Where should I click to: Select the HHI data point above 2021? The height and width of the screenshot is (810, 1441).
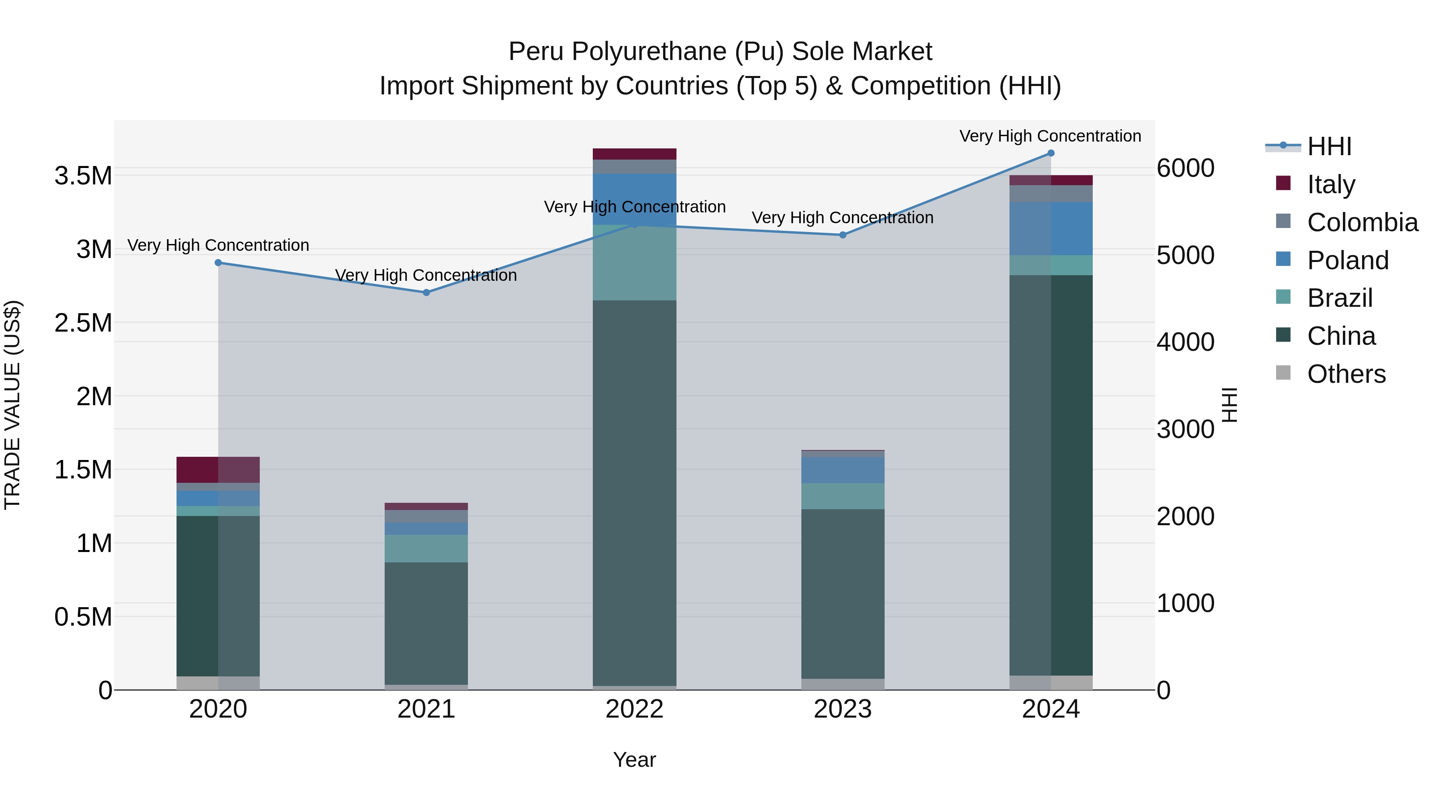426,292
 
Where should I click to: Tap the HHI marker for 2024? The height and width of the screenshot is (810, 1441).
1051,153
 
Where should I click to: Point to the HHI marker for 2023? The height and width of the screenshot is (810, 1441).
843,235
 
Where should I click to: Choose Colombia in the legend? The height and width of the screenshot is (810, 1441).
1362,222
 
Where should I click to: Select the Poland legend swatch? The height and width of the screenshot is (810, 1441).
1283,259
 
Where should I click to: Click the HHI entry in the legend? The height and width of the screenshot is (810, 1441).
1329,146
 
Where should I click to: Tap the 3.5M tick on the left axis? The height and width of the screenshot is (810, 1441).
83,176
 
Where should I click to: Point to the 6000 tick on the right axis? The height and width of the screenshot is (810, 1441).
1185,168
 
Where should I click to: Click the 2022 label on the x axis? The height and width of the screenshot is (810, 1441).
634,709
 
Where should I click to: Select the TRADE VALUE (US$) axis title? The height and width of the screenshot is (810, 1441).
12,405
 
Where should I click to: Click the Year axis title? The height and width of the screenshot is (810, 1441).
634,760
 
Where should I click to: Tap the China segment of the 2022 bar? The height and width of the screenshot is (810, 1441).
634,492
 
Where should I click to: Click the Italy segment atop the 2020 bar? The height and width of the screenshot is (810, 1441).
218,470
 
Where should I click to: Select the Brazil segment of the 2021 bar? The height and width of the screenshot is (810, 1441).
426,548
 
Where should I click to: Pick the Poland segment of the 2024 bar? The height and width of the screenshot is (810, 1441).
1051,229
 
